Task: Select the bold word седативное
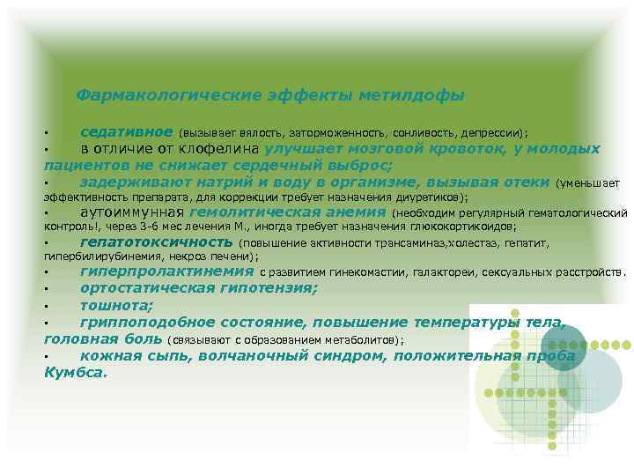(x=126, y=131)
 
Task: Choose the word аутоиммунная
(x=131, y=212)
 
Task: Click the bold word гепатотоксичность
(x=156, y=242)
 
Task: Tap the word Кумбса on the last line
(x=74, y=372)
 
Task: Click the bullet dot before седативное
(x=48, y=133)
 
